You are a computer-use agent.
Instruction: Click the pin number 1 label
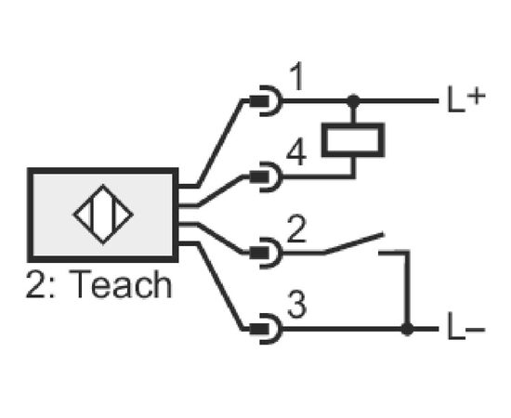[x=298, y=77]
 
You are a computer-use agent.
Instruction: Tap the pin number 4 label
[x=296, y=152]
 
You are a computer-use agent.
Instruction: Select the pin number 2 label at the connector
[x=296, y=229]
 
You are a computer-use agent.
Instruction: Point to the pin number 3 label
[x=297, y=305]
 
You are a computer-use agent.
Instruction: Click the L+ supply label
[x=466, y=99]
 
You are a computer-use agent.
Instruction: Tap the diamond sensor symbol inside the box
[x=103, y=215]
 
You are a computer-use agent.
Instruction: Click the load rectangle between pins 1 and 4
[x=353, y=140]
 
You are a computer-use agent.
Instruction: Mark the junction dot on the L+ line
[x=354, y=101]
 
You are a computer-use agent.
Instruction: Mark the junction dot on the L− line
[x=407, y=329]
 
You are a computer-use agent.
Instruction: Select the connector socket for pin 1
[x=266, y=101]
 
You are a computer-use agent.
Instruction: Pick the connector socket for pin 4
[x=266, y=176]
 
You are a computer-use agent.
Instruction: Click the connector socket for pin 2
[x=266, y=253]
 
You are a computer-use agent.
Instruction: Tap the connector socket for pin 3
[x=266, y=329]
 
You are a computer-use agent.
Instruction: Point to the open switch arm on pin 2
[x=354, y=242]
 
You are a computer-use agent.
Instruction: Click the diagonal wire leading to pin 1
[x=220, y=143]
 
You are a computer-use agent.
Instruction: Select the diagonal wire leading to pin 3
[x=220, y=287]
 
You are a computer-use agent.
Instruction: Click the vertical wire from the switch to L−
[x=407, y=290]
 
